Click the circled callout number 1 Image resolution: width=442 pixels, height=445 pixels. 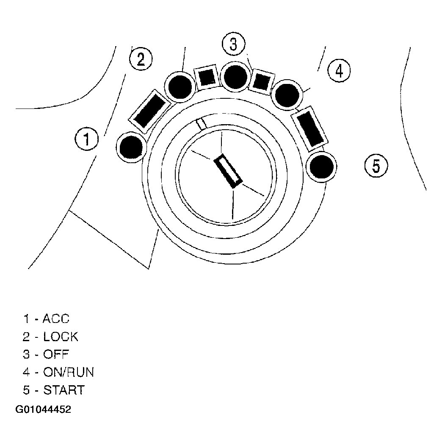pos(86,139)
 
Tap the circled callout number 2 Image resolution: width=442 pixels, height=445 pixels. pos(141,59)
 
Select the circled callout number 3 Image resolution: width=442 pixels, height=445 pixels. pos(234,44)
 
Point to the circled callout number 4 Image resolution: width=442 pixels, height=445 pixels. pos(339,70)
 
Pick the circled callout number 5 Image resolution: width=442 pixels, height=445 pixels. pos(376,165)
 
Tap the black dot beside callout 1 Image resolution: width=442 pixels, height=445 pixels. pos(131,147)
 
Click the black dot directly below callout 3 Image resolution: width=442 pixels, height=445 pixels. pos(235,77)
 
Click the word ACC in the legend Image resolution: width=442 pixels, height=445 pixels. pos(56,319)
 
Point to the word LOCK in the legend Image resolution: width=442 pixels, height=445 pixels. pos(61,337)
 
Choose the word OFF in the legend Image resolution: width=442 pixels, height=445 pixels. pos(56,354)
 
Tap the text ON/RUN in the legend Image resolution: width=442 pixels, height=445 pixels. pos(68,372)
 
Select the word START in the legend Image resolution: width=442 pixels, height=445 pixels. pos(64,390)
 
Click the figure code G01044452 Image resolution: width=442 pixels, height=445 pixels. pos(43,409)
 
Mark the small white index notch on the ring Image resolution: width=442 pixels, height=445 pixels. pos(202,124)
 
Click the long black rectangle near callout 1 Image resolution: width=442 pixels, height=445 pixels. pos(150,111)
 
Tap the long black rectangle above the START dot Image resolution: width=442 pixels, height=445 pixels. pos(309,128)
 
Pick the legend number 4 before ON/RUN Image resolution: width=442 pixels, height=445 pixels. pos(26,372)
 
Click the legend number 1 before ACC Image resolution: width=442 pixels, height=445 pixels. pos(26,319)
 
